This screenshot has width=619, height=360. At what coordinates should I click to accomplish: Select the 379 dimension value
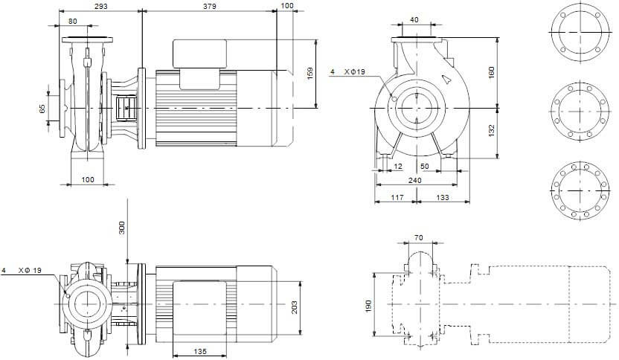(x=210, y=6)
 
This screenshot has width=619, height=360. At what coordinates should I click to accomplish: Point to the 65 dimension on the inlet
(x=42, y=109)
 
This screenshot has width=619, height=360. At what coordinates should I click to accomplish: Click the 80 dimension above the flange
(x=73, y=21)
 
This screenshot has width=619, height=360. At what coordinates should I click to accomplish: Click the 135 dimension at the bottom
(x=200, y=351)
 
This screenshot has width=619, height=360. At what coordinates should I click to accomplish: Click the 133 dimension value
(x=443, y=198)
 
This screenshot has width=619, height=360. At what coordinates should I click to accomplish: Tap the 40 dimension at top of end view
(x=414, y=20)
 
